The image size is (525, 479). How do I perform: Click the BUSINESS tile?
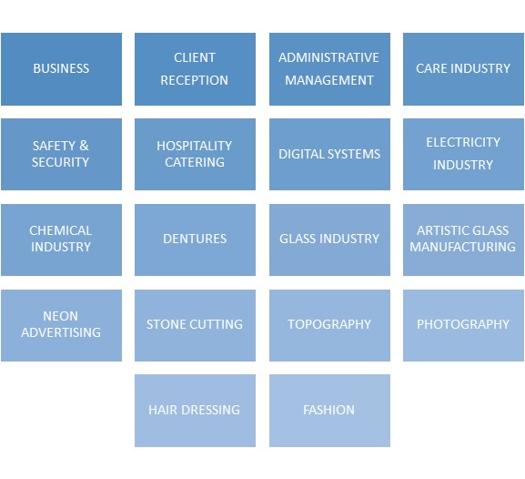click(x=61, y=69)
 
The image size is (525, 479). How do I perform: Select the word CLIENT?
click(x=195, y=57)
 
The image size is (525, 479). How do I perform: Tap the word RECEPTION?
click(x=194, y=80)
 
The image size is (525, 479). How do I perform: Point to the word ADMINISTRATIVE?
click(x=328, y=57)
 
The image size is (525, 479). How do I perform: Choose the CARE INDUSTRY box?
click(x=463, y=69)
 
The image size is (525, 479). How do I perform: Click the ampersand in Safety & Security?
click(x=84, y=146)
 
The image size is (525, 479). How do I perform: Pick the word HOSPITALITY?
click(x=194, y=146)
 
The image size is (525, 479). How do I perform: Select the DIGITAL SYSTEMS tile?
click(x=329, y=154)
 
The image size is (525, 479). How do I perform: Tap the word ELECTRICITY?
click(x=463, y=142)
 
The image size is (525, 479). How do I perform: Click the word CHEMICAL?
click(x=61, y=230)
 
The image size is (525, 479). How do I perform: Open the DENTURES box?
click(x=195, y=240)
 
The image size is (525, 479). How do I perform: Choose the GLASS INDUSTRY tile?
click(x=329, y=240)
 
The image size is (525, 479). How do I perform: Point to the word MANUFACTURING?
click(x=463, y=247)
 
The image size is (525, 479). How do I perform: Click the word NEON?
click(x=61, y=316)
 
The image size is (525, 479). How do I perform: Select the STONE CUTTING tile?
click(x=195, y=325)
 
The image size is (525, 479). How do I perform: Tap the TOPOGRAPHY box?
click(x=329, y=325)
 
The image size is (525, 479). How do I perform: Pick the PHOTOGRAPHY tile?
click(x=463, y=325)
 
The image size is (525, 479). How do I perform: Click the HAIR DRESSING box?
click(x=195, y=411)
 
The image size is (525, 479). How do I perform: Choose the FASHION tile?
click(x=329, y=411)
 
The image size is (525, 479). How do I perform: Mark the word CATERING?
click(x=195, y=162)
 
